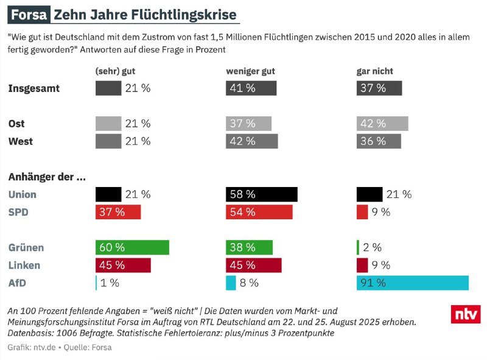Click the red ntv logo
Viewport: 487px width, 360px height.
[x=466, y=314]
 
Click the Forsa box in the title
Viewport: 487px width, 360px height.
[x=29, y=15]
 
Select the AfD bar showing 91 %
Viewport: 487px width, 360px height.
[x=413, y=283]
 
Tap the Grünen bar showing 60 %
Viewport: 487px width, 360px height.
[x=132, y=247]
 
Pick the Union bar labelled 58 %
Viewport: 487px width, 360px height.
[x=262, y=194]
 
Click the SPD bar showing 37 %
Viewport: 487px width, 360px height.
[x=118, y=212]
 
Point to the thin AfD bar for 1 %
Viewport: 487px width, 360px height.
[x=96, y=283]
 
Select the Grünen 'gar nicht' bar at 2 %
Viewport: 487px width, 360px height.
[x=358, y=247]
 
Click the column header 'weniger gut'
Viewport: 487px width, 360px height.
[x=250, y=71]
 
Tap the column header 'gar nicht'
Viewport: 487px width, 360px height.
[x=374, y=71]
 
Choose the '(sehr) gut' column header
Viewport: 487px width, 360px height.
[x=115, y=71]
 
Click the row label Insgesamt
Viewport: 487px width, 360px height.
[x=34, y=88]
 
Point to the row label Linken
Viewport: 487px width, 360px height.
[x=24, y=265]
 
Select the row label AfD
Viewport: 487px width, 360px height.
[x=17, y=283]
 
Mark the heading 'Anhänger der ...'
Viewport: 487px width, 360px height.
[x=47, y=177]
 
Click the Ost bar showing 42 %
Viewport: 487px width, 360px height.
[x=382, y=124]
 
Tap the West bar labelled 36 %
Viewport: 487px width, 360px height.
[x=379, y=141]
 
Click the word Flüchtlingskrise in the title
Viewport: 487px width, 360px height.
[x=184, y=15]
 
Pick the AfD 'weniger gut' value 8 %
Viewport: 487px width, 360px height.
[x=249, y=283]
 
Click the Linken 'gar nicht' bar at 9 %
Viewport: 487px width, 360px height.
[x=362, y=265]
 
